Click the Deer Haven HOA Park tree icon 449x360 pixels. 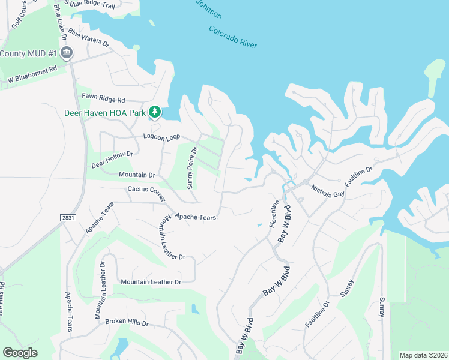155,112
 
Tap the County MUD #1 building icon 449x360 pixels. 67,53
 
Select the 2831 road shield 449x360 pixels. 68,218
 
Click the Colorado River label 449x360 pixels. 233,37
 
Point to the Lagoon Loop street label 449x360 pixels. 162,137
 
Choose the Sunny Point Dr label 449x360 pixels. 192,169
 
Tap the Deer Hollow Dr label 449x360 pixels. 112,159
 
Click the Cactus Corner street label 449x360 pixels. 146,193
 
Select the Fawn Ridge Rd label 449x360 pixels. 103,100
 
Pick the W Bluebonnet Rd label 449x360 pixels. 32,74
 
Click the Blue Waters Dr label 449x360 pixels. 88,37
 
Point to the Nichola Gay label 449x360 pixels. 327,191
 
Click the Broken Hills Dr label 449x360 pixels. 127,322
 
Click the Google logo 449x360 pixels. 20,353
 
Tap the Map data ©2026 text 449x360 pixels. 423,355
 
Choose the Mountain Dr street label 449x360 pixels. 137,175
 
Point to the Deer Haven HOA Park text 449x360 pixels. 105,112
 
